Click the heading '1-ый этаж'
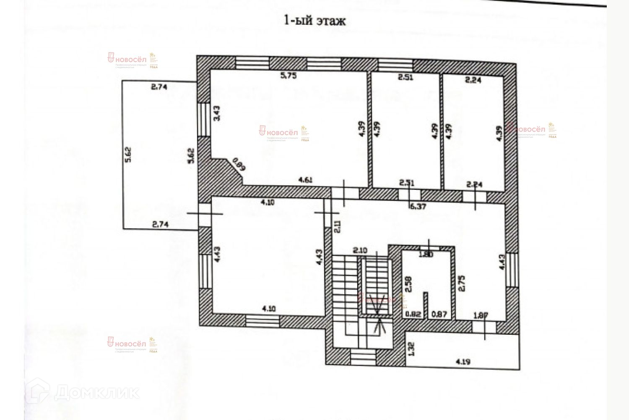pos(315,20)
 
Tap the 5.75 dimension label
pos(288,76)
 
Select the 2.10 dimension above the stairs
pos(360,250)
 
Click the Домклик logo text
pos(96,392)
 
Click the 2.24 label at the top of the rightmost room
pos(473,81)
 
